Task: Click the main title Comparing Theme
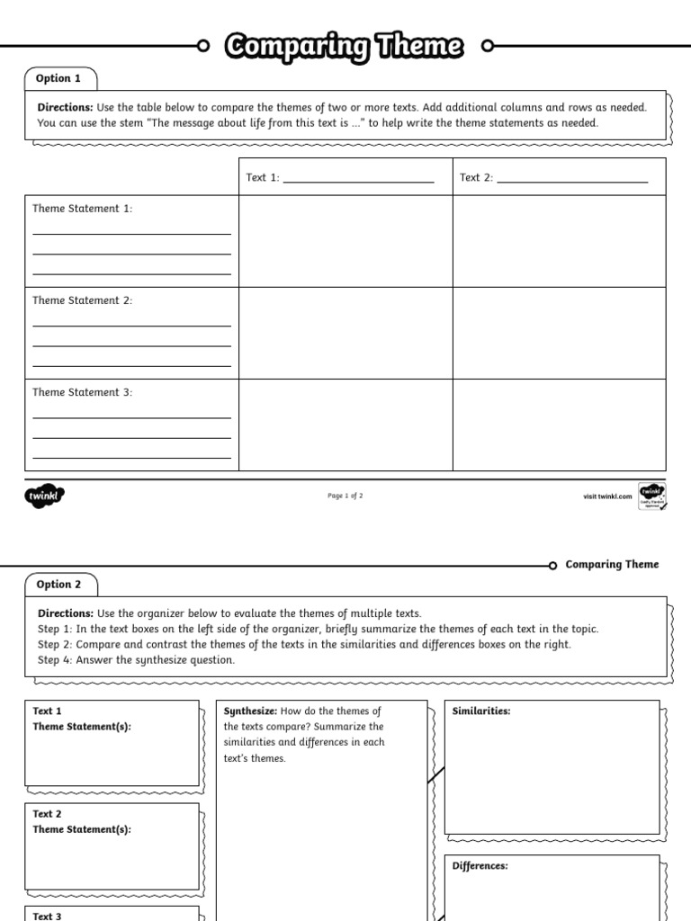[345, 46]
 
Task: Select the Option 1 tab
[58, 78]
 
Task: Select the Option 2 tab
[58, 584]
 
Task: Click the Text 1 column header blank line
[358, 178]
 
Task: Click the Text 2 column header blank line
[572, 178]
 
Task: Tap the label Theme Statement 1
[83, 209]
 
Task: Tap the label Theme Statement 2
[83, 300]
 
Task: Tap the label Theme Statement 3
[83, 392]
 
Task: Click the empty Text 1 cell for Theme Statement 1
[345, 241]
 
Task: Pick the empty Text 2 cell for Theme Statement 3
[559, 425]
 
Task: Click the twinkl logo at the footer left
[45, 496]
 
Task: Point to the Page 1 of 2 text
[345, 496]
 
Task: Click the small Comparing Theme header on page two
[612, 565]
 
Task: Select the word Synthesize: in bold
[250, 711]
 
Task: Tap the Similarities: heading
[481, 711]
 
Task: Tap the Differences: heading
[480, 865]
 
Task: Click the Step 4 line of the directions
[136, 660]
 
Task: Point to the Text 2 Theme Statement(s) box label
[82, 822]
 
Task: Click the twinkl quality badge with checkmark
[651, 496]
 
